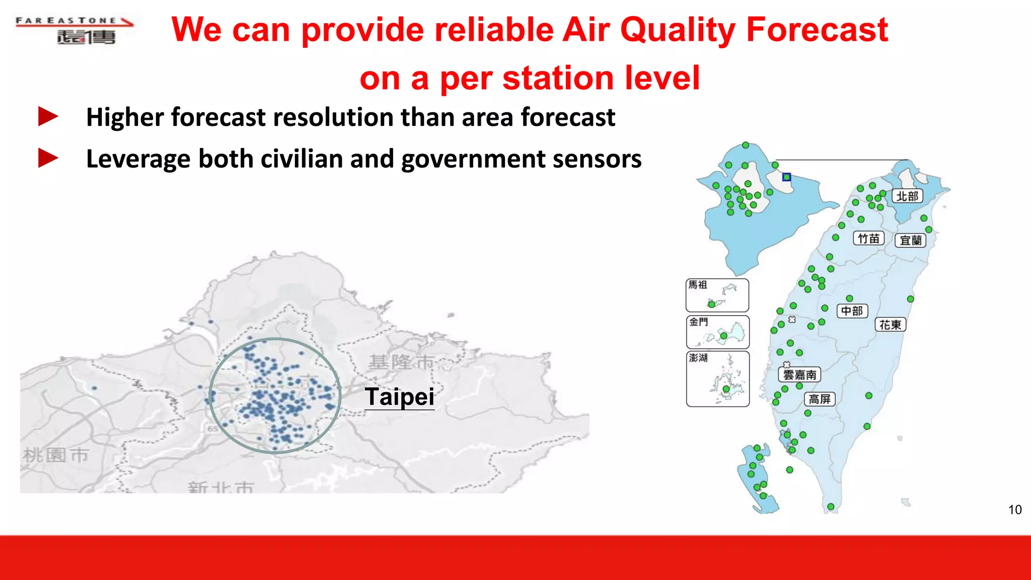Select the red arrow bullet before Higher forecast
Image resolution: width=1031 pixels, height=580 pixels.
[x=48, y=117]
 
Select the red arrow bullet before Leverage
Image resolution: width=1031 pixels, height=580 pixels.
[x=48, y=158]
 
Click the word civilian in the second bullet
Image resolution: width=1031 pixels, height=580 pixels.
[x=301, y=159]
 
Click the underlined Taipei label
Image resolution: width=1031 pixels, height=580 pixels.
[x=399, y=397]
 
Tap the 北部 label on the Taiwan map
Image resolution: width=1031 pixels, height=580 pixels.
[x=907, y=196]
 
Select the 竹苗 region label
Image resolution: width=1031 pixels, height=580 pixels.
[x=868, y=239]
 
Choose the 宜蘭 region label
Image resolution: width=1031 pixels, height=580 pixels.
[x=910, y=241]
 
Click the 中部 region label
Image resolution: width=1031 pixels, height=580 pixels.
[x=852, y=311]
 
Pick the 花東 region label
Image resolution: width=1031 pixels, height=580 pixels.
[x=890, y=325]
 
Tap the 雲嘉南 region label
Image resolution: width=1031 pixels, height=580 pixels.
[x=799, y=375]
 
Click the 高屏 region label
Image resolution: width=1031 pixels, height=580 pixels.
[x=820, y=399]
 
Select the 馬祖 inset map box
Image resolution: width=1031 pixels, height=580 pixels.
[x=717, y=296]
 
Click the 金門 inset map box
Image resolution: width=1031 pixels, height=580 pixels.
[x=717, y=332]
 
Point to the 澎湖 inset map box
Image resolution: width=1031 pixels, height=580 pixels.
[x=717, y=379]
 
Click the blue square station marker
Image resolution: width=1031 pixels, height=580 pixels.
[x=786, y=177]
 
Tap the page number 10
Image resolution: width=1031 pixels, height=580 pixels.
[x=1014, y=510]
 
